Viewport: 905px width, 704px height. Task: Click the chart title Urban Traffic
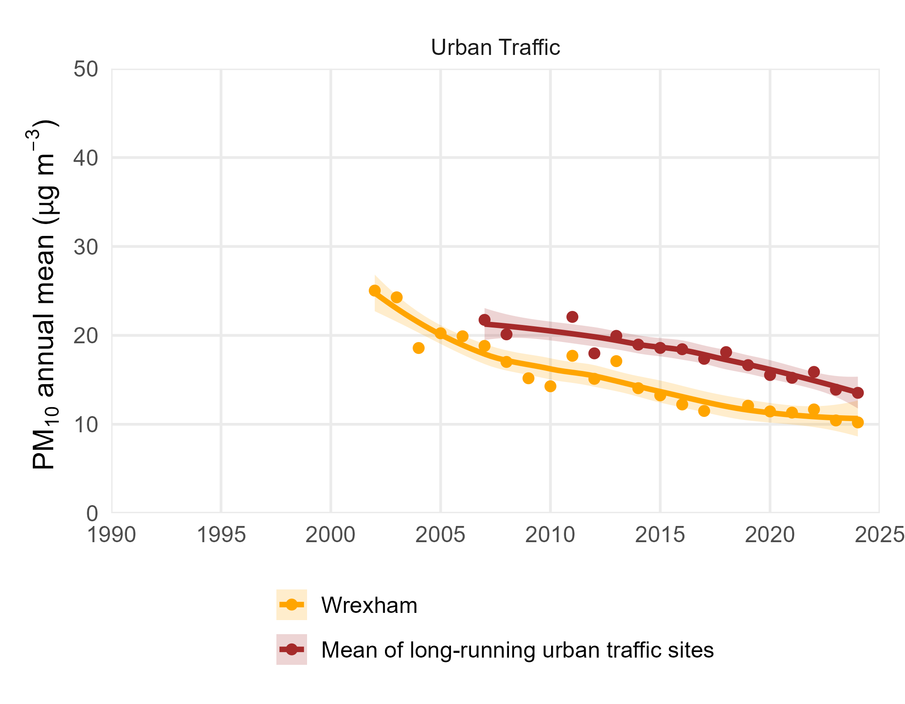point(495,47)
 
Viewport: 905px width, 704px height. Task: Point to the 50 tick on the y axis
point(86,69)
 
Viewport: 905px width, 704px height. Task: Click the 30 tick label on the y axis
point(86,247)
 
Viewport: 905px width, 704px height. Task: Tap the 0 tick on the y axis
point(92,514)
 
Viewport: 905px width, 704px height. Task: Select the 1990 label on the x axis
point(112,535)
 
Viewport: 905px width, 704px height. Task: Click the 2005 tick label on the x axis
point(440,535)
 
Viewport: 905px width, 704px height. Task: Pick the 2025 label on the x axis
point(879,535)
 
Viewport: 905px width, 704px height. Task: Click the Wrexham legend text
point(369,605)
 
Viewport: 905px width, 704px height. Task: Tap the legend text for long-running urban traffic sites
point(517,650)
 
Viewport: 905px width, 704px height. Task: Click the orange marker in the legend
point(292,604)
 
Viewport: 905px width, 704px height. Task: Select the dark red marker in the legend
point(292,649)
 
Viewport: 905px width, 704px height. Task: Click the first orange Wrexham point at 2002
point(375,291)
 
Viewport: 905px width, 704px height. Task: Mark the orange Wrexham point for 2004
point(419,348)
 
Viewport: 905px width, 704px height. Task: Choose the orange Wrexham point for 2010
point(550,386)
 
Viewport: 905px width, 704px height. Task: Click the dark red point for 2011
point(572,317)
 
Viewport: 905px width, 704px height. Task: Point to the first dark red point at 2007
point(485,320)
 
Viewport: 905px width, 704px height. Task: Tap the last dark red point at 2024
point(858,393)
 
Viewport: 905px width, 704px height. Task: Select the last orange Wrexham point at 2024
point(858,422)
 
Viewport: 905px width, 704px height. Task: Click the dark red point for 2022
point(814,372)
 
